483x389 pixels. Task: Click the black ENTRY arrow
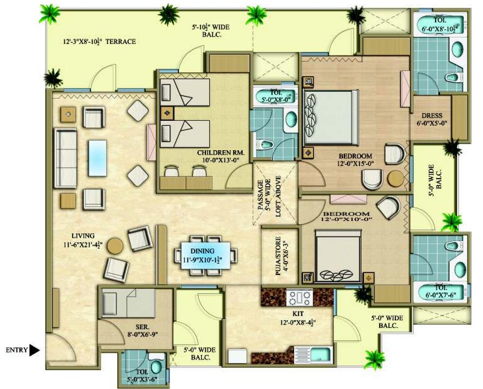(34, 350)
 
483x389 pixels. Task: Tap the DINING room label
(202, 251)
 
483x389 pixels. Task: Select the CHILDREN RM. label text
(221, 152)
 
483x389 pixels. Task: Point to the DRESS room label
(432, 115)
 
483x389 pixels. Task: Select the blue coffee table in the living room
(97, 158)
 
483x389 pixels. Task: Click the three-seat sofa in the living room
(65, 158)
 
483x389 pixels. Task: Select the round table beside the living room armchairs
(115, 246)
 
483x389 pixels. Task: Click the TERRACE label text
(121, 41)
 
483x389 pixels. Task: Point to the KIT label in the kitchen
(298, 314)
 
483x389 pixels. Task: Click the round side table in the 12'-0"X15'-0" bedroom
(396, 178)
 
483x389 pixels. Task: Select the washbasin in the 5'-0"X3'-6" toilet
(156, 367)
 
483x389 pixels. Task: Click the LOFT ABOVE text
(278, 196)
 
